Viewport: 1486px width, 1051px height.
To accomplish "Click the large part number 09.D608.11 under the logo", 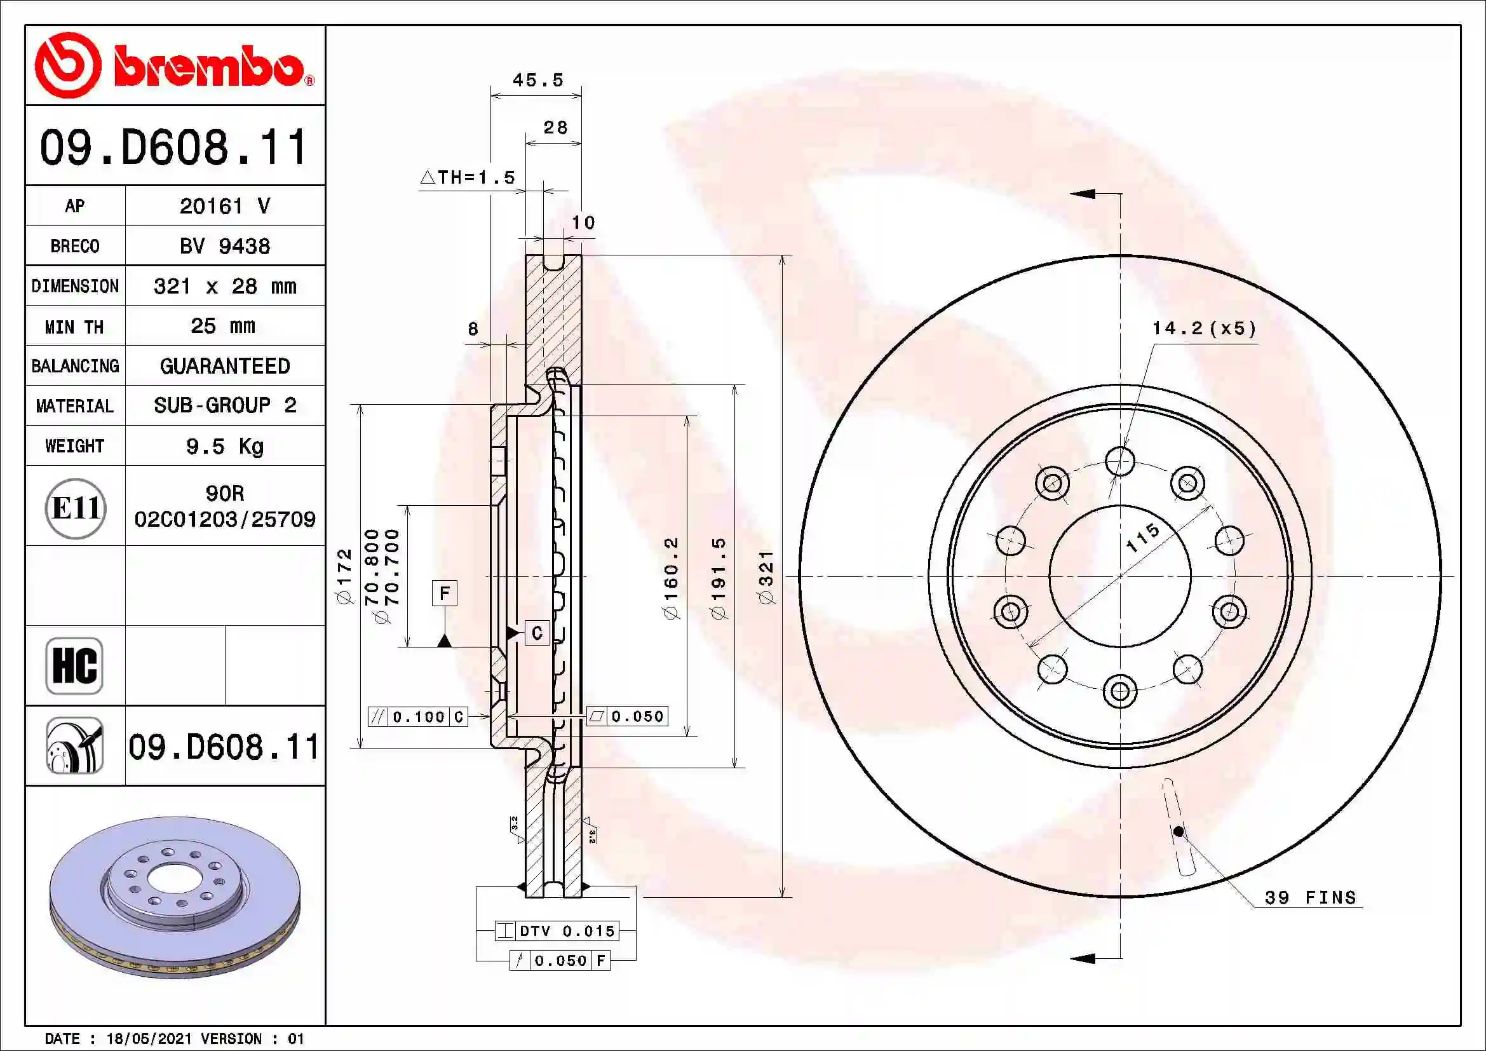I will [173, 147].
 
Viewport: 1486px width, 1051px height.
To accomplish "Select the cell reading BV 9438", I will [224, 246].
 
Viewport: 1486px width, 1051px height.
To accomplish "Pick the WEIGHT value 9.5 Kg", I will [224, 446].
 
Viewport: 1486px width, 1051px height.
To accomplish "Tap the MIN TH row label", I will [74, 327].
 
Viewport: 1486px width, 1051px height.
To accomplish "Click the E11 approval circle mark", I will [76, 508].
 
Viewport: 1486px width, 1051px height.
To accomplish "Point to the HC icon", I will [74, 665].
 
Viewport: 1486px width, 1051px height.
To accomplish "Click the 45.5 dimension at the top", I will [537, 80].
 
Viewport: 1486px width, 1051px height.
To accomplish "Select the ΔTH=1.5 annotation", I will [468, 177].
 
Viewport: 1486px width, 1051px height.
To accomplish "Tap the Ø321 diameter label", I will [766, 576].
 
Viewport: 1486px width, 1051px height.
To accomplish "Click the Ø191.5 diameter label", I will [719, 577].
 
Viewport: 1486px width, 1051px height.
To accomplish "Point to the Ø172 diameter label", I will [345, 576].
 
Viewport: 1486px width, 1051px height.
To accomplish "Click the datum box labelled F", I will [445, 593].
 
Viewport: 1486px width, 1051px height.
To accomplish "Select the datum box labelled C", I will [537, 632].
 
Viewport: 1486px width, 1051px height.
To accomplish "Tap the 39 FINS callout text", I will [1310, 898].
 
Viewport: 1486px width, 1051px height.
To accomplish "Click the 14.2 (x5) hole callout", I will [1204, 328].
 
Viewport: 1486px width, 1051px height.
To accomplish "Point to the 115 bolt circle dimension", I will [1142, 537].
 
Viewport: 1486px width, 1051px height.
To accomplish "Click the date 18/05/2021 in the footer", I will [149, 1039].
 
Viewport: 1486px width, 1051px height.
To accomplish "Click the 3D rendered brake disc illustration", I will [175, 897].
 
